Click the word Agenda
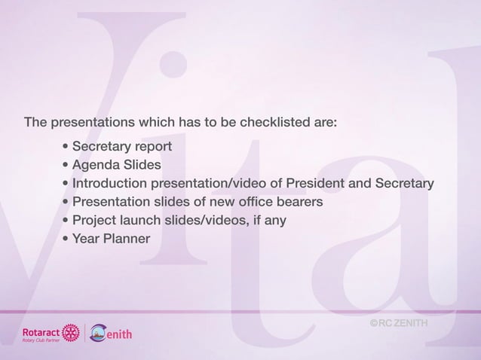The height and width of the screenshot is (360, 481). point(96,165)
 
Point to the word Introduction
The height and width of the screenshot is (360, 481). point(109,184)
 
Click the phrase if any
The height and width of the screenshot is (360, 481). point(266,221)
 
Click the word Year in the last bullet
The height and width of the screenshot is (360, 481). point(86,239)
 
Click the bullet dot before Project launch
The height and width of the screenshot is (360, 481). point(67,221)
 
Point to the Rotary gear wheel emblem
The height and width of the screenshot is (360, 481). point(71,332)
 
